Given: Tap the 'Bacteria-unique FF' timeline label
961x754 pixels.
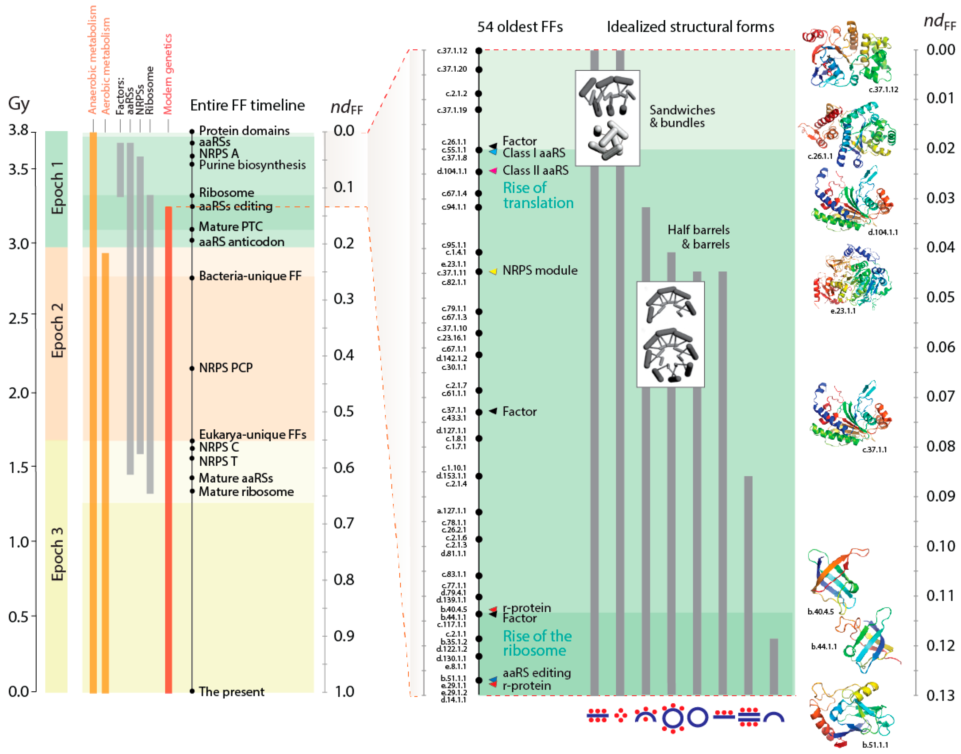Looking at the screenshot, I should [250, 276].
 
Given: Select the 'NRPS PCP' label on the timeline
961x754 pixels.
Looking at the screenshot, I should [226, 368].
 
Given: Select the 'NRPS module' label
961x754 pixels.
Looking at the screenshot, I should [540, 270].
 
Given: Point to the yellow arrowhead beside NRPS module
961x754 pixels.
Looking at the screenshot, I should [493, 272].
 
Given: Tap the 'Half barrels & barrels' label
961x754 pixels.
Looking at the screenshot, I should [699, 237].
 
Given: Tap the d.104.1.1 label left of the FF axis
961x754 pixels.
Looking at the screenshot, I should [451, 171].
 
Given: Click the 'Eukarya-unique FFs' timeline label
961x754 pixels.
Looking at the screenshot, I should [252, 435].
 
